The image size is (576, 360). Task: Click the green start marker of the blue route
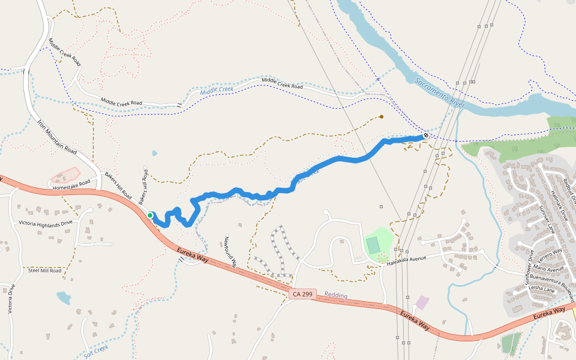click(x=150, y=215)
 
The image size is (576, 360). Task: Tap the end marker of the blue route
click(x=426, y=136)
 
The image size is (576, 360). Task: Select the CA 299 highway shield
click(x=302, y=294)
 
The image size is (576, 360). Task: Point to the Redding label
click(x=336, y=295)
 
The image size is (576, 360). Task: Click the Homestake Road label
click(x=71, y=184)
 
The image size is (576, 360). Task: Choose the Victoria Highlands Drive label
click(x=46, y=223)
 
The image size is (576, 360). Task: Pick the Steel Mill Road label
click(x=45, y=271)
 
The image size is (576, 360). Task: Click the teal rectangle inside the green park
click(x=373, y=245)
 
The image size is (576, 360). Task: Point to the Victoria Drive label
click(x=10, y=299)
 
